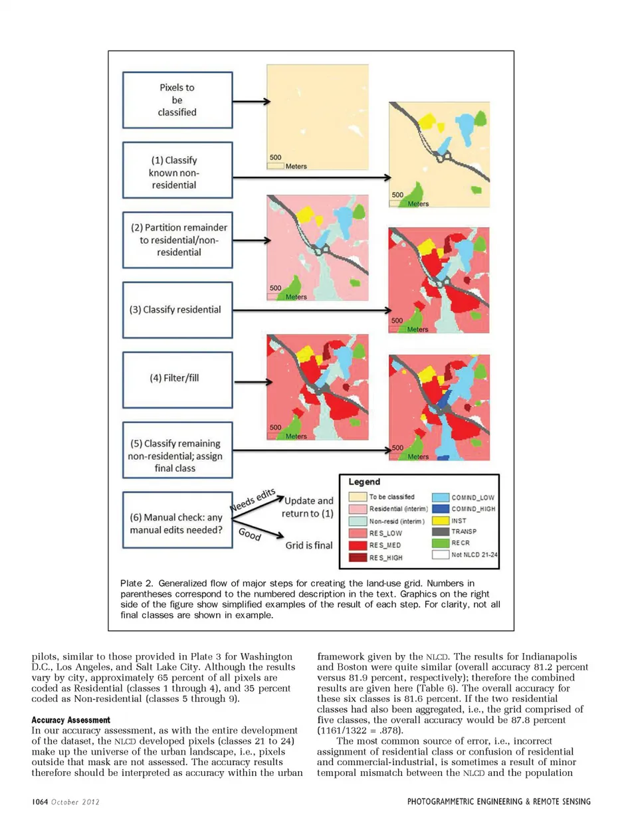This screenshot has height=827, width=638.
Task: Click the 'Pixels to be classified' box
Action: click(177, 100)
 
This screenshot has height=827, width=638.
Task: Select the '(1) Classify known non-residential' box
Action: click(177, 170)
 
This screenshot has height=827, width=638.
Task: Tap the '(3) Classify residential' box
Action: click(177, 310)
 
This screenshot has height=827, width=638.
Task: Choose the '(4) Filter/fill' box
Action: click(177, 379)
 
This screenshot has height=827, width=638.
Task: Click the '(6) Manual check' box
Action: click(177, 520)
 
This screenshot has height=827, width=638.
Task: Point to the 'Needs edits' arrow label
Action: click(253, 500)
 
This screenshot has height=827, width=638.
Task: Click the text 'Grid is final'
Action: click(309, 545)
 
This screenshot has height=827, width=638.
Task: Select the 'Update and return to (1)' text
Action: click(308, 507)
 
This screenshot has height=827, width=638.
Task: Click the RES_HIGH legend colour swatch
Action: click(358, 557)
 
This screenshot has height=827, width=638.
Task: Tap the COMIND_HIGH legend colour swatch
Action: click(441, 509)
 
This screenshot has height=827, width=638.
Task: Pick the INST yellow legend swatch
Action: click(441, 521)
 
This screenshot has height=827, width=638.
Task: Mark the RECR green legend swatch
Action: click(441, 543)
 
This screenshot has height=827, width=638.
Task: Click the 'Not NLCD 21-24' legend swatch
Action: click(441, 555)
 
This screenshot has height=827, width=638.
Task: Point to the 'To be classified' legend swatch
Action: click(358, 497)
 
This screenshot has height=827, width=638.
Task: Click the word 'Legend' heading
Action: click(364, 482)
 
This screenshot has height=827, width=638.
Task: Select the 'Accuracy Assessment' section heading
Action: click(71, 720)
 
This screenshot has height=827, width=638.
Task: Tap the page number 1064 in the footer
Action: click(40, 802)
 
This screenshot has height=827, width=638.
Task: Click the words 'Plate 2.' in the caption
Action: click(136, 583)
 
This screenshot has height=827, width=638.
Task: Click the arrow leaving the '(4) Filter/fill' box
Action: click(253, 382)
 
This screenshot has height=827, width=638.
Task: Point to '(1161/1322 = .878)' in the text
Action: click(360, 731)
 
